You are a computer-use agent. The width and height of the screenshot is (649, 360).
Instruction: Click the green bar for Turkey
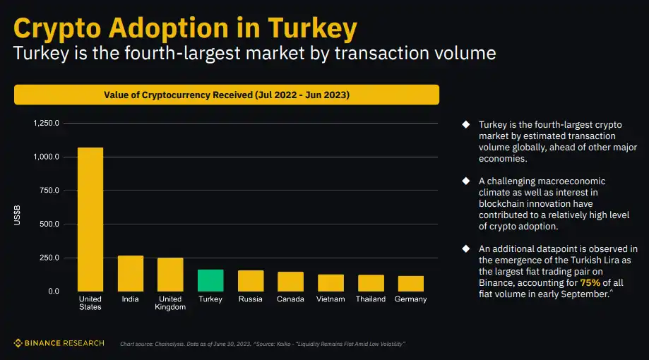210,280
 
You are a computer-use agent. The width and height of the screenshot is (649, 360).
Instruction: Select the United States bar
90,219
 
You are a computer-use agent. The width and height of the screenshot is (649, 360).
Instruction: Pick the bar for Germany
411,283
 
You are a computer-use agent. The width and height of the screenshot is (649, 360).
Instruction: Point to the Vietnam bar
331,282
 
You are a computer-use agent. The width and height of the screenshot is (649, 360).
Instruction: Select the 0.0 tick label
53,291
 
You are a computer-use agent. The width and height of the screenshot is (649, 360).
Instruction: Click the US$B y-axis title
17,215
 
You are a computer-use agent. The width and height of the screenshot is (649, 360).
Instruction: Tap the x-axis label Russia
251,299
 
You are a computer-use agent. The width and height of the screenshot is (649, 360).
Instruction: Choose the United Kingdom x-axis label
170,303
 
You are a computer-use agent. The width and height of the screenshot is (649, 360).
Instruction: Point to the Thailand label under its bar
371,299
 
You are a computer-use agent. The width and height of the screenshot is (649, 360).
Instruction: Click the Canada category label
290,299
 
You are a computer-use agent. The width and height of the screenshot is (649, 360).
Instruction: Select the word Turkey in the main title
312,28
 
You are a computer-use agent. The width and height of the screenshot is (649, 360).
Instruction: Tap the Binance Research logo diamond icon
18,343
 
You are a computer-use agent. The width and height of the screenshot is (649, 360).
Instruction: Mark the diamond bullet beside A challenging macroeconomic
465,181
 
